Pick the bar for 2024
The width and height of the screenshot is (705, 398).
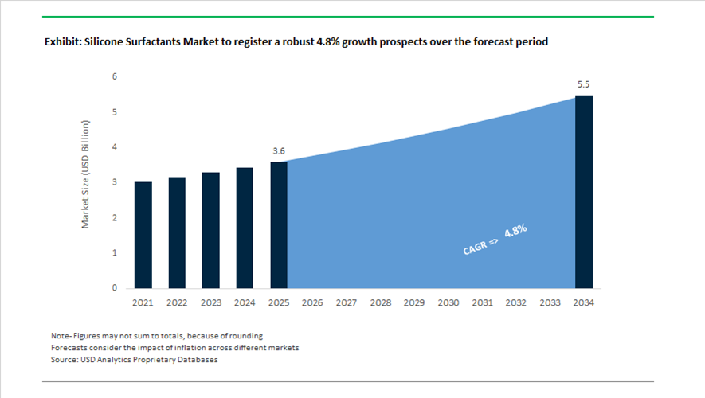[x=245, y=228]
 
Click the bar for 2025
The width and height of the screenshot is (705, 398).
[x=279, y=224]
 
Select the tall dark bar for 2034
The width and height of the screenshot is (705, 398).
[x=584, y=192]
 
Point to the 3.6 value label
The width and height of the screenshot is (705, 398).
[x=278, y=150]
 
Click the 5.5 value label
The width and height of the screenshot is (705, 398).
[x=584, y=84]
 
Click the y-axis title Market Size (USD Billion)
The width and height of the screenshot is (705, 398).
[x=86, y=174]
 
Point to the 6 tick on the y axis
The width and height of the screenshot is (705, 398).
[x=114, y=77]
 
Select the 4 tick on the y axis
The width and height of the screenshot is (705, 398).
[x=114, y=147]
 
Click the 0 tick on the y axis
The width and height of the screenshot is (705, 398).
[x=114, y=288]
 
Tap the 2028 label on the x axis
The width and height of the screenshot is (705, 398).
[x=381, y=303]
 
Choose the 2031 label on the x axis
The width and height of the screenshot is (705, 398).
[x=482, y=303]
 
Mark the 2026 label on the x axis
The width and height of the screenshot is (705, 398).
[x=312, y=303]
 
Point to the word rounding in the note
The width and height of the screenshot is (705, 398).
[x=244, y=336]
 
